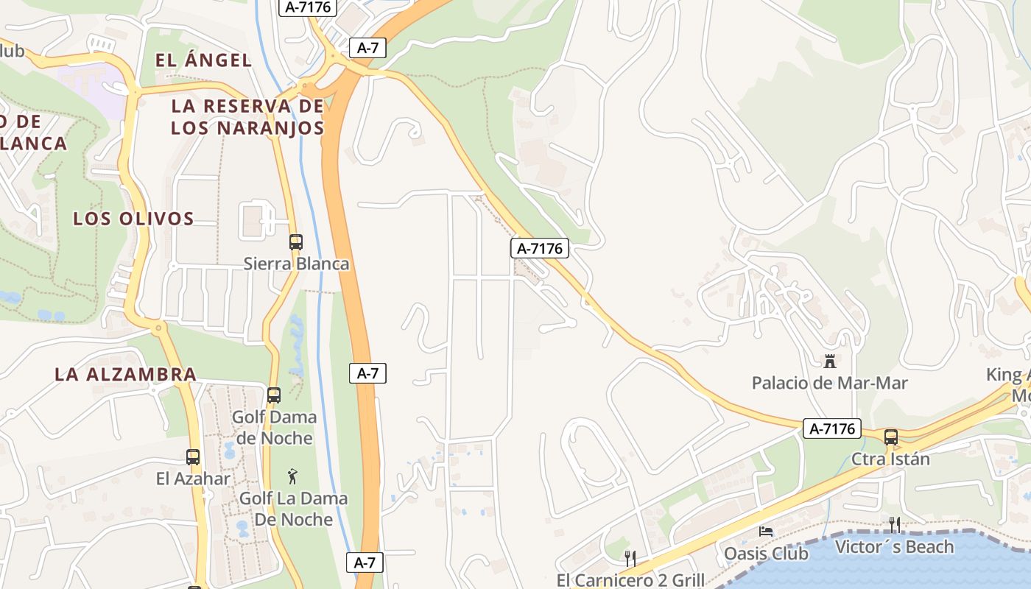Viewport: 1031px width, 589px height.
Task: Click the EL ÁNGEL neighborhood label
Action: (204, 60)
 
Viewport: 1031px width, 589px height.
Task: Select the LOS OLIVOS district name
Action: (133, 219)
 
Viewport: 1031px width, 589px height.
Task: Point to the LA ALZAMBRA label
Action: (125, 374)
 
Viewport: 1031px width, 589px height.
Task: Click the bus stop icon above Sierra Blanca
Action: (296, 242)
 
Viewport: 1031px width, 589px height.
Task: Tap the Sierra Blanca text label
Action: (297, 264)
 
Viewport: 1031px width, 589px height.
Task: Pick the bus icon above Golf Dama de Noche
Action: (274, 395)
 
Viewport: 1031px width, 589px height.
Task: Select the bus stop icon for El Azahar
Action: (193, 457)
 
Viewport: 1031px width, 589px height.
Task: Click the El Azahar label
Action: (193, 479)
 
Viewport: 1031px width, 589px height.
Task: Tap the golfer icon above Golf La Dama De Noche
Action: (293, 476)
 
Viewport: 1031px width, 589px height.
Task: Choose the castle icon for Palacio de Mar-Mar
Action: (830, 361)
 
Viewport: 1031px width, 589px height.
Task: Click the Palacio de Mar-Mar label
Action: (830, 383)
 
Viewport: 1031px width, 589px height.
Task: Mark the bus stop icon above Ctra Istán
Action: (891, 437)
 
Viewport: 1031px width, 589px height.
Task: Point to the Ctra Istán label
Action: (891, 459)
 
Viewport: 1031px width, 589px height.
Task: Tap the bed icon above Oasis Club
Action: (767, 532)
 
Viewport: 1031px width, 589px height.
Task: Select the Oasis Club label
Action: (767, 553)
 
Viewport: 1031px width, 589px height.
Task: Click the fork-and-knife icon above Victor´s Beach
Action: (895, 525)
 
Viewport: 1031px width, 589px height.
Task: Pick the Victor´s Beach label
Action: (894, 547)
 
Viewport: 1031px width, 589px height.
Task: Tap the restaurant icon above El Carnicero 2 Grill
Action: (630, 558)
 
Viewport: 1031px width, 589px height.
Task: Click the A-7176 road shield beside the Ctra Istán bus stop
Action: (832, 428)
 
